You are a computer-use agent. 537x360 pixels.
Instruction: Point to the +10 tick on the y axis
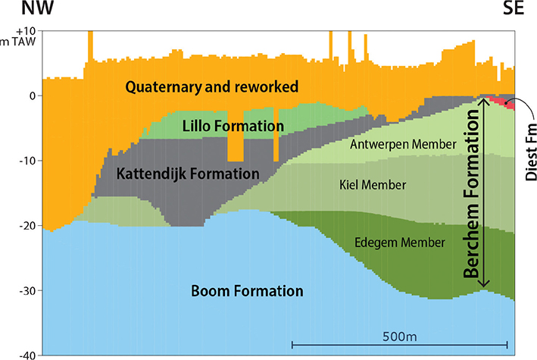point(26,31)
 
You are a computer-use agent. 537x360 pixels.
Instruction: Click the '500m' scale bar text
point(399,334)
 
